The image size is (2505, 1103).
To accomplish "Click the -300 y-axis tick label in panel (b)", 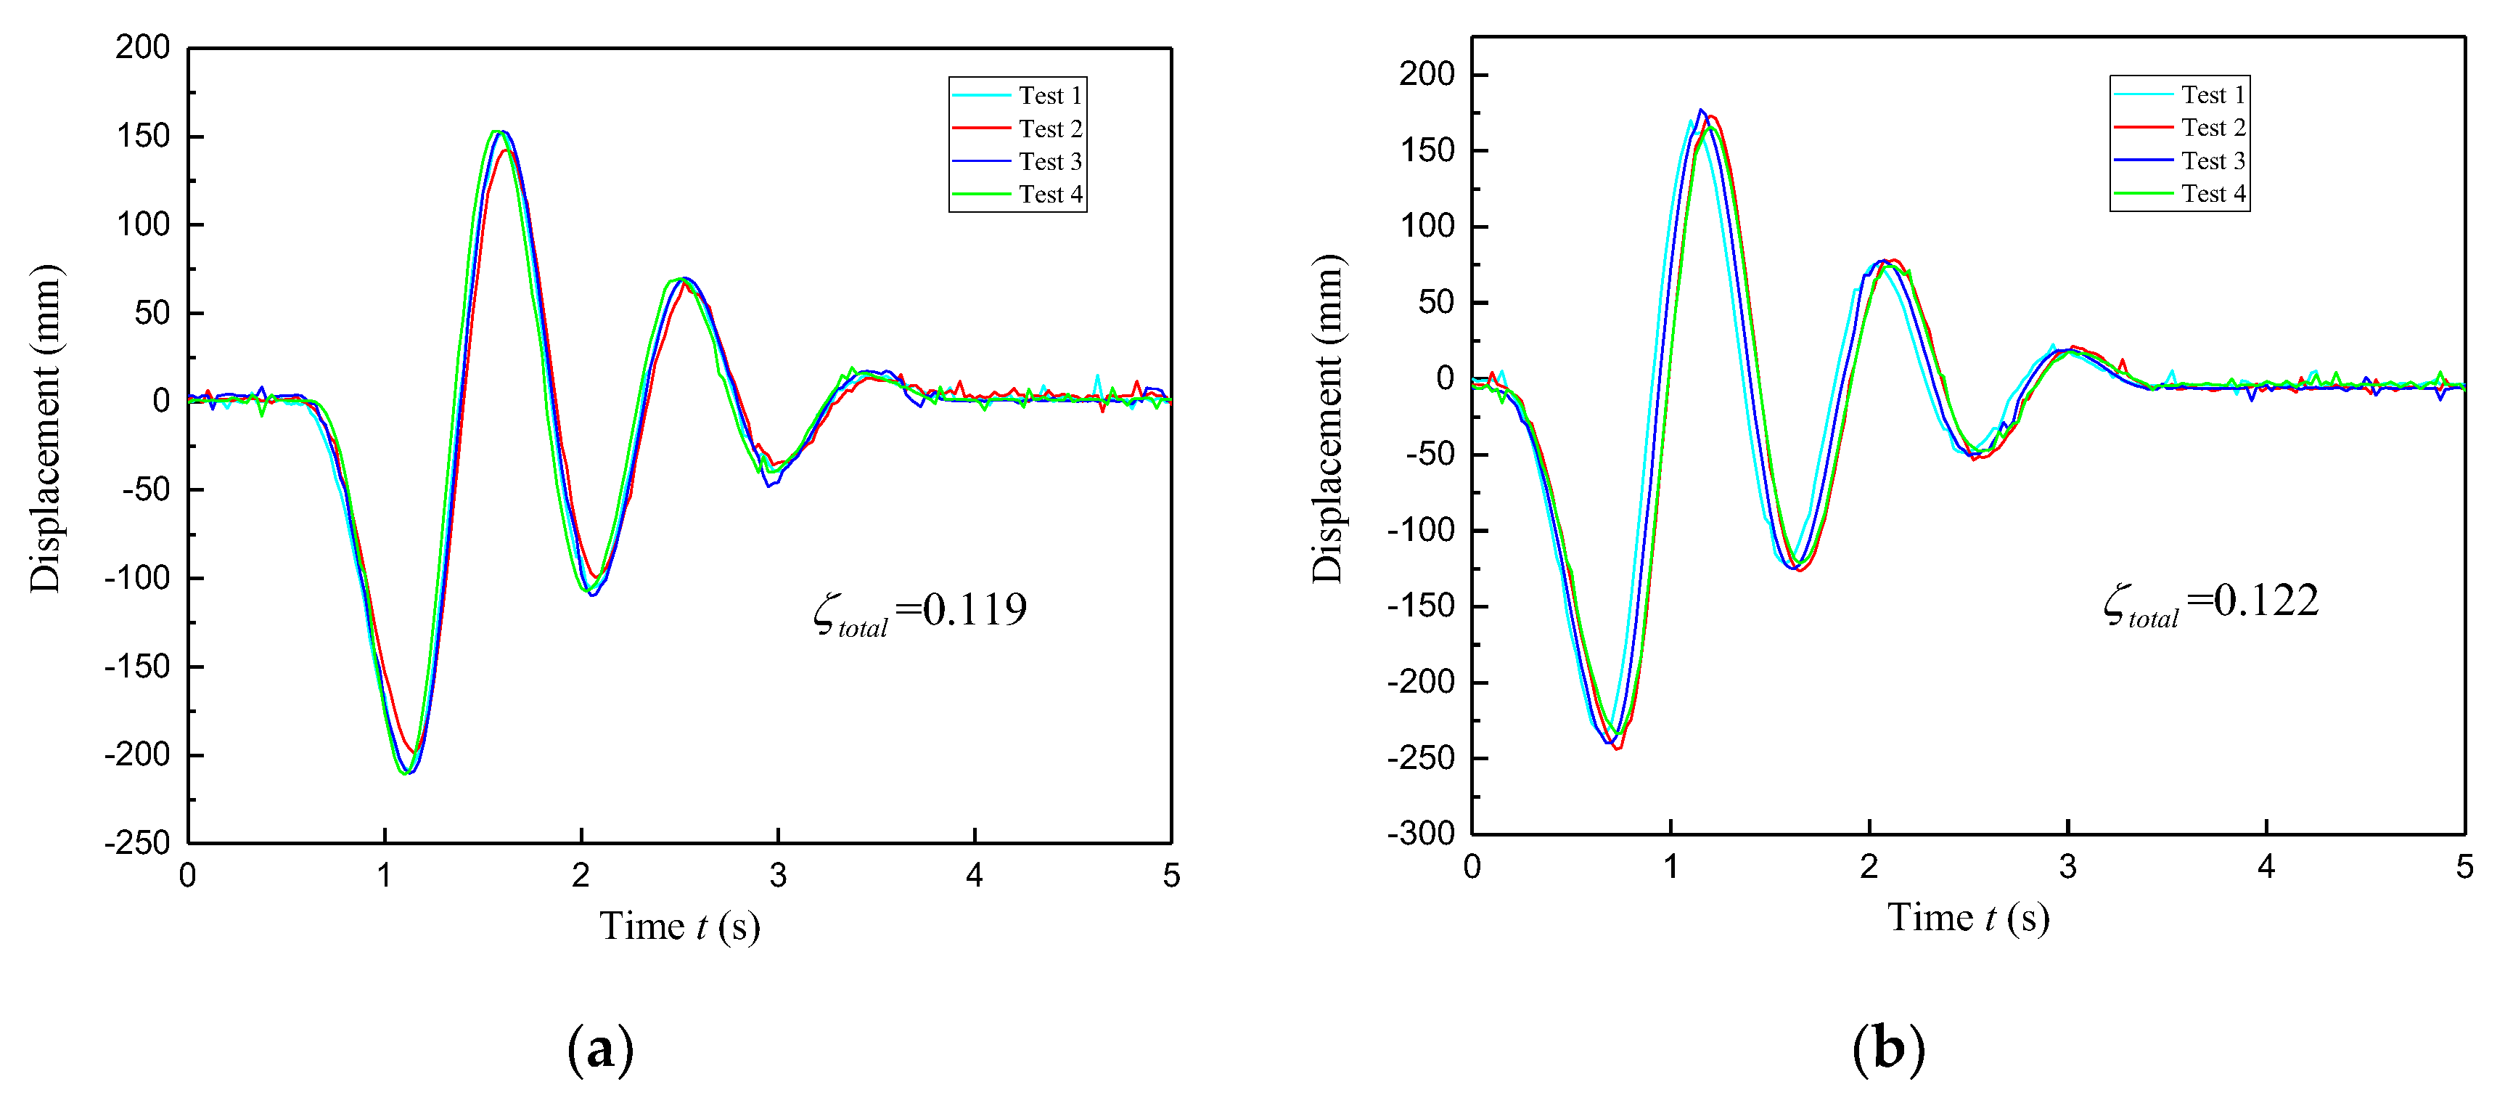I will click(1421, 834).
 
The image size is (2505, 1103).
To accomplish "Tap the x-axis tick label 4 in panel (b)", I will click(2266, 867).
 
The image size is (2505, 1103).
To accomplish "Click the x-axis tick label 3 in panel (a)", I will click(778, 876).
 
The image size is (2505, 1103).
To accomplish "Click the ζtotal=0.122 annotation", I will click(2210, 602).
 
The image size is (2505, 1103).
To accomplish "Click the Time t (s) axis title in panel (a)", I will click(678, 926).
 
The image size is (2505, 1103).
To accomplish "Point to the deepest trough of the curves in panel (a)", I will click(406, 773).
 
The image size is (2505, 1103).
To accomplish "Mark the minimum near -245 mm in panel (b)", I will click(1618, 748).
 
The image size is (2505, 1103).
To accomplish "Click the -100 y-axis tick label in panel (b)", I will click(1421, 530).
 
